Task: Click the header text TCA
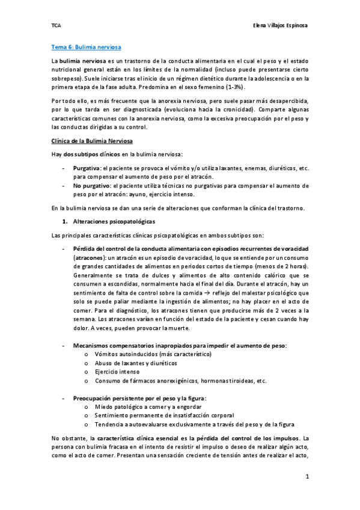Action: click(x=55, y=25)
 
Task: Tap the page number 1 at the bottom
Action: click(x=307, y=478)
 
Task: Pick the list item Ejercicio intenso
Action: click(x=117, y=372)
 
